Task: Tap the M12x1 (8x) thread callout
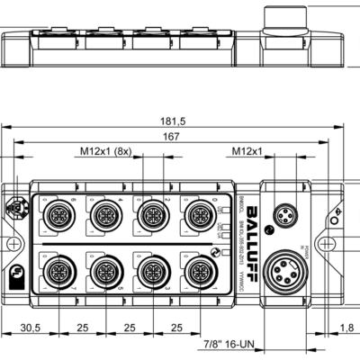click(108, 152)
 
